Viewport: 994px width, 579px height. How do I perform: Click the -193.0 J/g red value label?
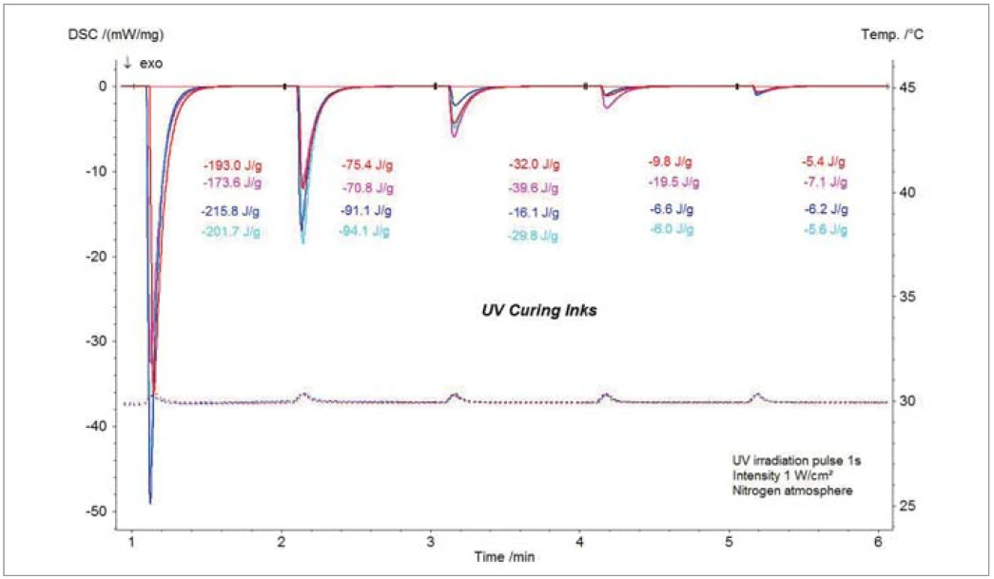pos(232,164)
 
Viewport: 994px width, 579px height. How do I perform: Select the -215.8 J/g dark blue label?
pos(231,211)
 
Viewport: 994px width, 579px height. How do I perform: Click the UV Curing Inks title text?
pos(538,311)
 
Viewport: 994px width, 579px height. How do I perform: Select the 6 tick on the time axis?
pos(878,541)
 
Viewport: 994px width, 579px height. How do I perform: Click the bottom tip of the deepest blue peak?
pos(150,502)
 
